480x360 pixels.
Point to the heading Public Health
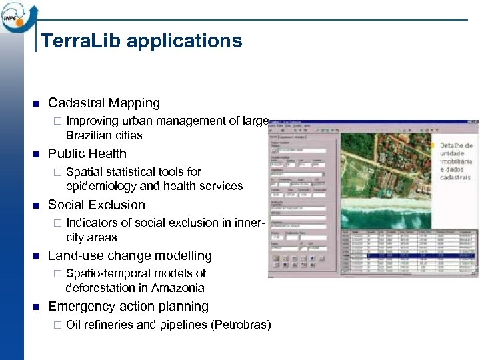click(87, 154)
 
